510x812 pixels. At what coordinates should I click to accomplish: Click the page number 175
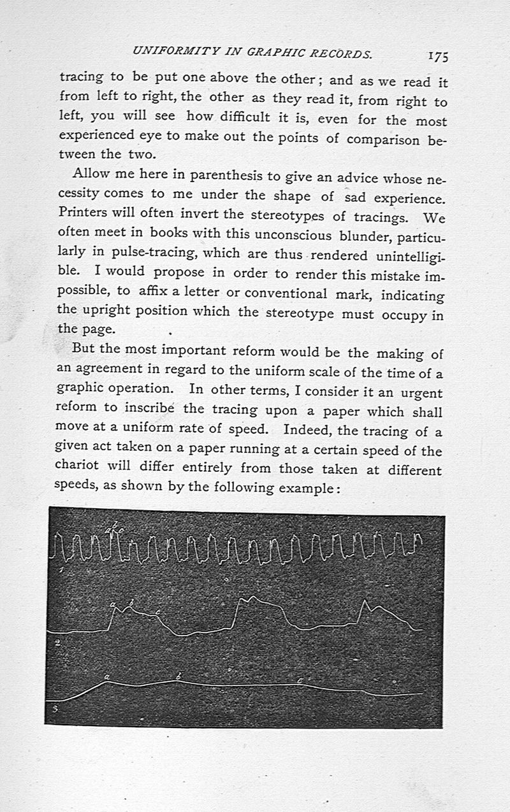[x=438, y=56]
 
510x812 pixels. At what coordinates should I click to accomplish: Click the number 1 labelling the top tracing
[x=59, y=572]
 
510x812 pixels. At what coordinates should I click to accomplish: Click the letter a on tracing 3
[x=106, y=676]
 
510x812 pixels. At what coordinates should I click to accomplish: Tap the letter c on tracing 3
[x=300, y=680]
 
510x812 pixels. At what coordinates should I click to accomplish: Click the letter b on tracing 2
[x=131, y=602]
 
